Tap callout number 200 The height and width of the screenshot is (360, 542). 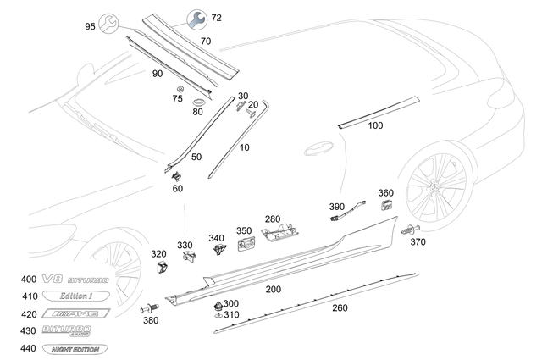coord(274,289)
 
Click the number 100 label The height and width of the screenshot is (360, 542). coord(375,125)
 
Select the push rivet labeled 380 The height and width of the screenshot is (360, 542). coord(149,309)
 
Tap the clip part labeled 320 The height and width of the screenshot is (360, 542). coord(162,269)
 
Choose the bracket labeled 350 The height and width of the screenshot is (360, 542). coord(246,246)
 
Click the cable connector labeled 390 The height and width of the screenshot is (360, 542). coord(337,219)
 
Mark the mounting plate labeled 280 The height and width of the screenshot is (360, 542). coord(280,233)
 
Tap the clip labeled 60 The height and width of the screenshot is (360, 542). coord(177,175)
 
